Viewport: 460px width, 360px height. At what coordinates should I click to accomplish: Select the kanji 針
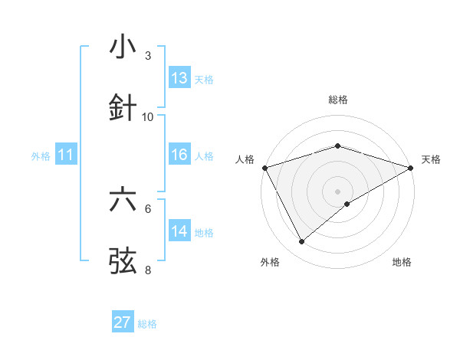(123, 106)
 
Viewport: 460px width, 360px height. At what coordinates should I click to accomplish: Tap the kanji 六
(123, 200)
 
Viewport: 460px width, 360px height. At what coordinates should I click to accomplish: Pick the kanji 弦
(123, 260)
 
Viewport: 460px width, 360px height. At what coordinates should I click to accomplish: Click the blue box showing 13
(179, 78)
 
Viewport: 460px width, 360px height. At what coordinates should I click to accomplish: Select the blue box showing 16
(179, 155)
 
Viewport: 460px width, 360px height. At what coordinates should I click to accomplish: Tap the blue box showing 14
(179, 231)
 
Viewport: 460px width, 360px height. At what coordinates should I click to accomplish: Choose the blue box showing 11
(66, 155)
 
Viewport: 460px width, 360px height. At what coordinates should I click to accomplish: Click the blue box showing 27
(123, 322)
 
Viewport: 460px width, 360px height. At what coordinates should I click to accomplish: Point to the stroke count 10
(148, 116)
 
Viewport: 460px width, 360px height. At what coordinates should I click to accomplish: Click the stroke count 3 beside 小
(148, 56)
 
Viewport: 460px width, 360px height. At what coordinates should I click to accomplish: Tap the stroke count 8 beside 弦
(148, 270)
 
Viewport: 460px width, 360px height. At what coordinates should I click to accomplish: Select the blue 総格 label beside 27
(147, 324)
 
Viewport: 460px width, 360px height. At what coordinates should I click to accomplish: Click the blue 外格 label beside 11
(41, 156)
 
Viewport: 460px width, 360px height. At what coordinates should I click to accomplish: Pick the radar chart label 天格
(431, 159)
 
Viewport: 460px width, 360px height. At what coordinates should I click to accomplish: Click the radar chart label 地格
(402, 262)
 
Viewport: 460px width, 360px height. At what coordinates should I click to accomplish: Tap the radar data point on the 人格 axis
(264, 167)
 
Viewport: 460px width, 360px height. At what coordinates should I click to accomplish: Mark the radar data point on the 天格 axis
(411, 167)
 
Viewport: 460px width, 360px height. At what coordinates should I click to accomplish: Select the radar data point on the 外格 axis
(301, 242)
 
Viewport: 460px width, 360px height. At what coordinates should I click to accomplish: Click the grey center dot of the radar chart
(337, 191)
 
